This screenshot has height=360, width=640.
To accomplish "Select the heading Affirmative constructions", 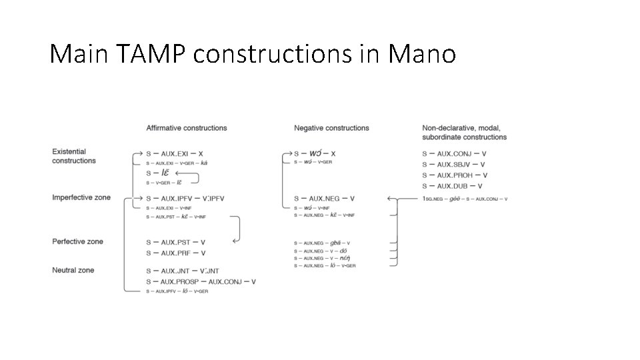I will (187, 128).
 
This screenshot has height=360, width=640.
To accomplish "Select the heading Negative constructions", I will (331, 128).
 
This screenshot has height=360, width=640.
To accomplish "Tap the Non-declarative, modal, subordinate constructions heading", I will (464, 133).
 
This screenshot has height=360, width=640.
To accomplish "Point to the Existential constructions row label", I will (74, 156).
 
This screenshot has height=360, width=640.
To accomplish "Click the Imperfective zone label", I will (81, 198).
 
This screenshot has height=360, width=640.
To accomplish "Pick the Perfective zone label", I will (78, 241).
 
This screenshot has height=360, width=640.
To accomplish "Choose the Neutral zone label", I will (73, 270).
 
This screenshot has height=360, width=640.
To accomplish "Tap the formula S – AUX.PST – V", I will (175, 242).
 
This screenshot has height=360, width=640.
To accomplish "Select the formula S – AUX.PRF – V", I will (175, 253).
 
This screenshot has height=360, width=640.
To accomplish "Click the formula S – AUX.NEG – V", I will (324, 199).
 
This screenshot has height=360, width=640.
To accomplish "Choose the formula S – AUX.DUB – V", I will (452, 186).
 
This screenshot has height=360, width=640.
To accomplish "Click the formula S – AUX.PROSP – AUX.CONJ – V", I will (201, 282).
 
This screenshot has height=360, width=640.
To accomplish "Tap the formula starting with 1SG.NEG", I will (465, 199).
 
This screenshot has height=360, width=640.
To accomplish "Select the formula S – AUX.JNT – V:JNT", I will (183, 271).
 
